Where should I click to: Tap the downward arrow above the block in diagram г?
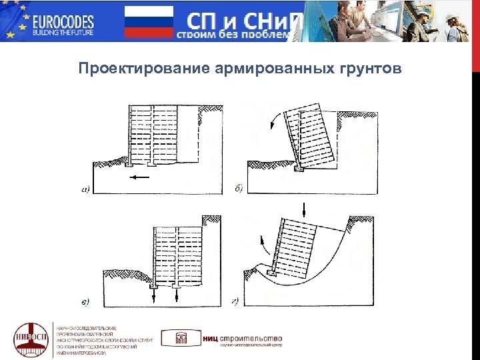(x=303, y=209)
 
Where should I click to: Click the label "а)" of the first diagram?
(x=87, y=189)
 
